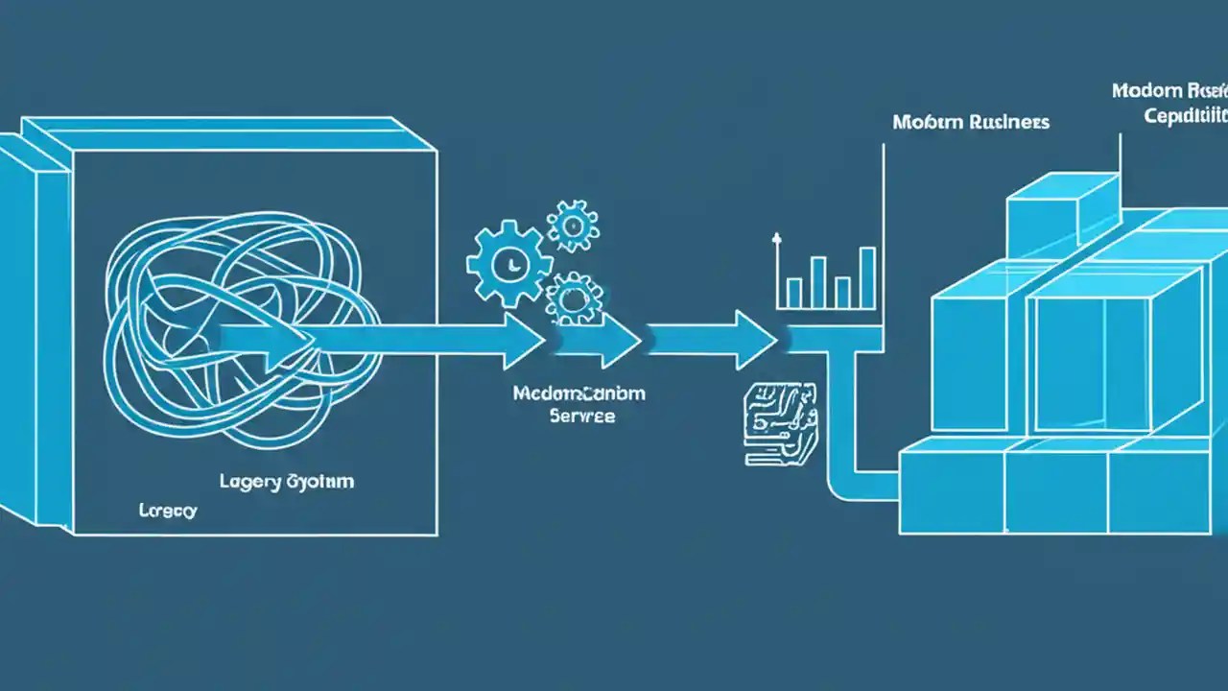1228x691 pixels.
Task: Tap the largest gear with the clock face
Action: [x=509, y=261]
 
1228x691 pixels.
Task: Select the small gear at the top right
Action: [x=573, y=226]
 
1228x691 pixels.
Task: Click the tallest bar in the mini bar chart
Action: [x=866, y=277]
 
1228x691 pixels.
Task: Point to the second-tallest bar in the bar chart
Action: [x=818, y=281]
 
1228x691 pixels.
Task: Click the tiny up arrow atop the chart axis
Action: [x=776, y=238]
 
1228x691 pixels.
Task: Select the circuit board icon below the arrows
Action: [x=780, y=423]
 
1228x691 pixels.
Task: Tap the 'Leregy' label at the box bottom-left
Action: [x=168, y=511]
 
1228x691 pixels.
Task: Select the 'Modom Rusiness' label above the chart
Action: [x=970, y=123]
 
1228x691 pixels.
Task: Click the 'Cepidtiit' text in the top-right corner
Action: [x=1186, y=116]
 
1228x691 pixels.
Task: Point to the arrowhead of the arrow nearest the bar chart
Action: [x=758, y=340]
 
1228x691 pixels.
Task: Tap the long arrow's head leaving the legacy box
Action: [x=524, y=340]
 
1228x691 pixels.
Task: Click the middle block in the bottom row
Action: [x=1055, y=492]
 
